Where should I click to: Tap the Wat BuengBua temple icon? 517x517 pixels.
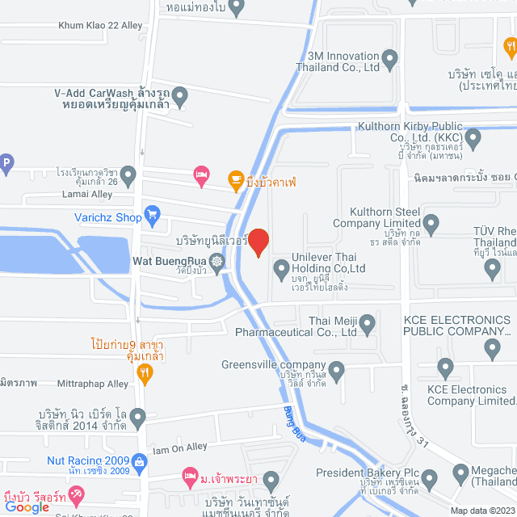coord(216,261)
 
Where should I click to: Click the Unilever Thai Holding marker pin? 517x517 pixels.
coord(281,268)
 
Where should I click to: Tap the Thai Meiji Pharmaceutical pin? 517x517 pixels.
coord(368,326)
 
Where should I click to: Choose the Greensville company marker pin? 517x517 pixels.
coord(336,372)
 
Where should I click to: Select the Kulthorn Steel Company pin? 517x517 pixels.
coord(431,222)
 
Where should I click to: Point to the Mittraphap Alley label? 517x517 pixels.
coord(92,384)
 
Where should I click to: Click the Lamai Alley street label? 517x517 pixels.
coord(78,195)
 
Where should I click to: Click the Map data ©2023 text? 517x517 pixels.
coord(481,510)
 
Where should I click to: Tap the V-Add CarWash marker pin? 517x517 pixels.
coord(179,96)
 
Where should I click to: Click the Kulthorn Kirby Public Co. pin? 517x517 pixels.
coord(473,138)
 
